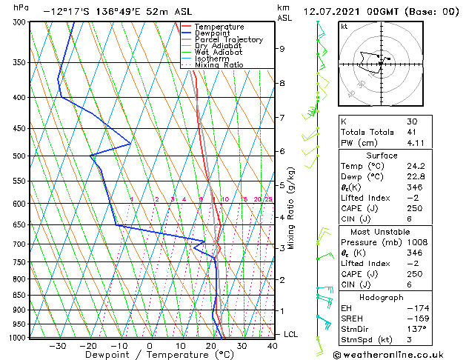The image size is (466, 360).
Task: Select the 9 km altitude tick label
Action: pos(282,49)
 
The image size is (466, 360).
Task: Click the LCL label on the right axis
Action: pos(291,335)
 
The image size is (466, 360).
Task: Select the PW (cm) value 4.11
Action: pos(413,143)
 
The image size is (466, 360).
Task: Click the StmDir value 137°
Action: pos(413,330)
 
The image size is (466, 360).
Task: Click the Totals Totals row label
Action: pos(366,132)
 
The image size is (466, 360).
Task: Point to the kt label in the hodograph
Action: pos(344,27)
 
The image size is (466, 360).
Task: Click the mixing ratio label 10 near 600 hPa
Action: pos(225,199)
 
